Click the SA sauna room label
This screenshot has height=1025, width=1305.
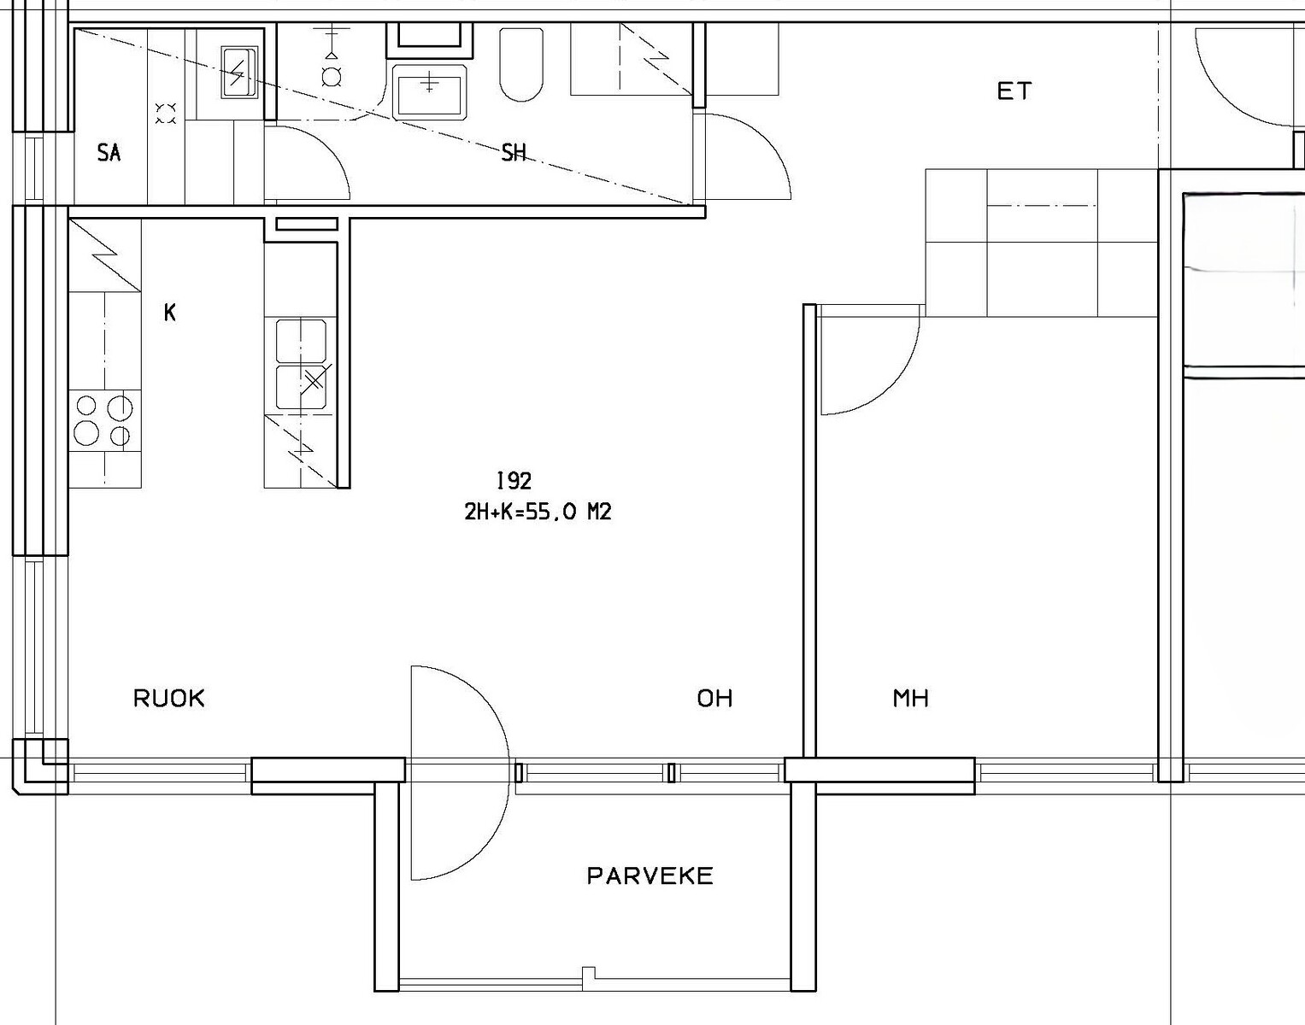(109, 153)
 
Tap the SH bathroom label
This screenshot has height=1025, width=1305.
(514, 153)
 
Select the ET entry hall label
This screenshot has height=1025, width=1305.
(1014, 91)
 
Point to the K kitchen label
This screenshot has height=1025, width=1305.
(170, 313)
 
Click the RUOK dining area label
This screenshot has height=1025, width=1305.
(168, 699)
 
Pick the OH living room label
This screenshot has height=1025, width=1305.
(714, 699)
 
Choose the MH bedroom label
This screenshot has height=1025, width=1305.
(911, 699)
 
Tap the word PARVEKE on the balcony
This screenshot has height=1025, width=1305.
(650, 876)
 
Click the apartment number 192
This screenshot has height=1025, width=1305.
(514, 481)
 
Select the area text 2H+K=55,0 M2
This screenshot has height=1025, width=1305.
(538, 512)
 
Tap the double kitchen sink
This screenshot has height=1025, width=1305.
(302, 364)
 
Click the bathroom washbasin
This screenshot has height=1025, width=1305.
(429, 91)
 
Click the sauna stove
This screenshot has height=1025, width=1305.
(238, 73)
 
